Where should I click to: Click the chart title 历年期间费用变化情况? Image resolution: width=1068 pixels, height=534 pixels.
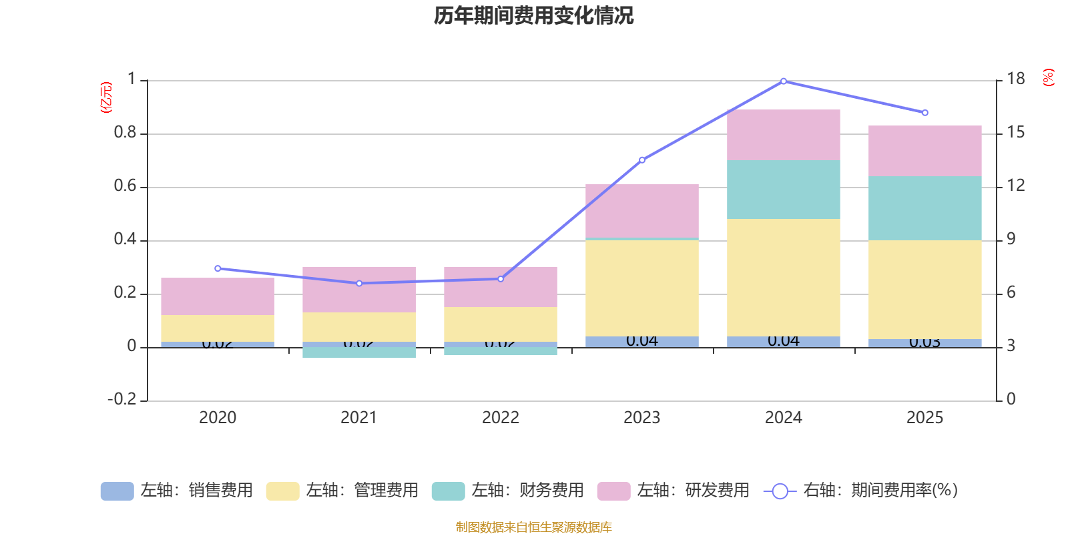click(533, 15)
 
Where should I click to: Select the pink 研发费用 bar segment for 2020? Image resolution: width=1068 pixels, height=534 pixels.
click(218, 296)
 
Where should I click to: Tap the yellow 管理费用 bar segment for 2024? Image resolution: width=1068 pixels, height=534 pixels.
click(783, 277)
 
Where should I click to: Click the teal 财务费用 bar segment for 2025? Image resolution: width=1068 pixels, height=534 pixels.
click(924, 208)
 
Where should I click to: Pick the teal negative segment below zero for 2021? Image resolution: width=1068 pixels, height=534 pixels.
click(359, 352)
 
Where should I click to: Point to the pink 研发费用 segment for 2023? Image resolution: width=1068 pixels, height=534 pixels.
click(642, 210)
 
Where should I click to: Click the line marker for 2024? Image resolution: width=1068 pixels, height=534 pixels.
click(784, 81)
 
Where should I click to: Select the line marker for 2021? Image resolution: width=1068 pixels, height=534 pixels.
click(359, 283)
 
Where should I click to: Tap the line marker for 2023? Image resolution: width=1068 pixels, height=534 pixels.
click(642, 160)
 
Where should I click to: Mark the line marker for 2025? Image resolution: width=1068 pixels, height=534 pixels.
click(924, 113)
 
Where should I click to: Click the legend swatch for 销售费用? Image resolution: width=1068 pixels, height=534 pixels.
click(117, 491)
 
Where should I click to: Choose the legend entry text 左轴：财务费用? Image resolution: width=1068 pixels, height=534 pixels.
click(527, 491)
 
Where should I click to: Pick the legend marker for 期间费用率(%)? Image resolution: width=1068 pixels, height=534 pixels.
click(780, 491)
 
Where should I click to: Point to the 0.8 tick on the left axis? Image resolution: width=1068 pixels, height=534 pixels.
click(125, 133)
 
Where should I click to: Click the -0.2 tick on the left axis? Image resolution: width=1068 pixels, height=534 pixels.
click(122, 399)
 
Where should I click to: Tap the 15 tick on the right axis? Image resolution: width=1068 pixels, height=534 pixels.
click(1015, 133)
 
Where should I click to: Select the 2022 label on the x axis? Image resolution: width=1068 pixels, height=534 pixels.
click(501, 418)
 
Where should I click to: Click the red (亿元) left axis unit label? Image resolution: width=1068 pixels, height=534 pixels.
click(106, 97)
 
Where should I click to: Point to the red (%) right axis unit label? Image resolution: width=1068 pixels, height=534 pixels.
click(1048, 77)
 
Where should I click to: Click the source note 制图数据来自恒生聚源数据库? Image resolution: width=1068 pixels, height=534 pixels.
click(533, 527)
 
